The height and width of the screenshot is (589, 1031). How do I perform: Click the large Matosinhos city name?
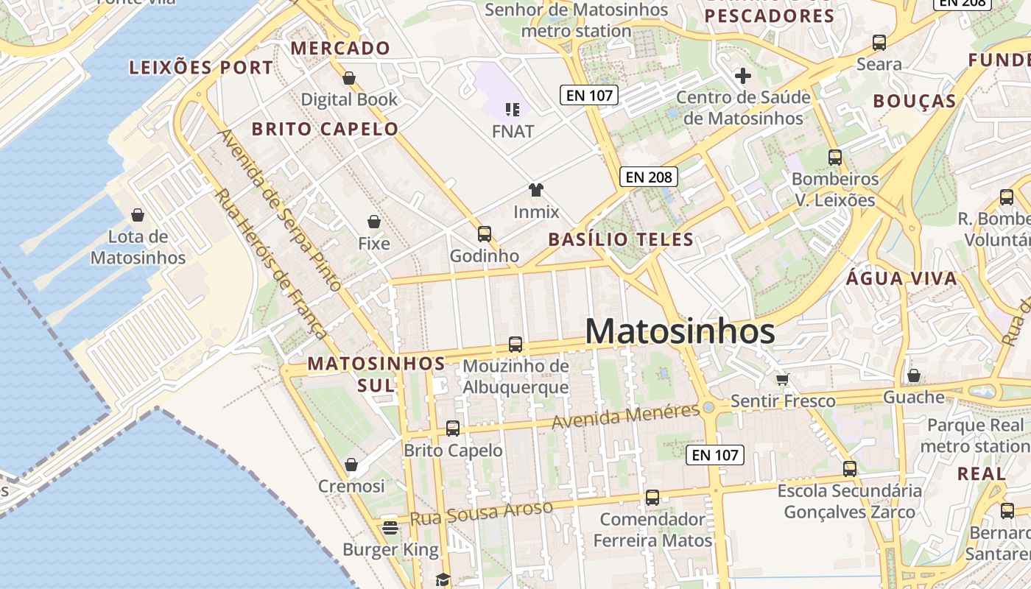[x=680, y=331]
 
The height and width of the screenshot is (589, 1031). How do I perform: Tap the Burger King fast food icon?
[x=390, y=527]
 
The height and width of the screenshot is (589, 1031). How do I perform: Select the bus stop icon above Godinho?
[x=484, y=234]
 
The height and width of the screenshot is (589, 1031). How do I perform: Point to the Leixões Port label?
[x=201, y=68]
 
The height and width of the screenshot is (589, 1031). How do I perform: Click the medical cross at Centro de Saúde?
[x=742, y=75]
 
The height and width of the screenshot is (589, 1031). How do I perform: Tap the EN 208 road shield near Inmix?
[x=648, y=177]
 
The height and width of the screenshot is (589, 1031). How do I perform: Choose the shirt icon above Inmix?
[x=535, y=190]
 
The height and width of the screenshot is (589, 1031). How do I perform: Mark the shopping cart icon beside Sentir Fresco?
[x=782, y=379]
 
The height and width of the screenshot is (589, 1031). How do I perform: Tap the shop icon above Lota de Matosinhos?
[x=137, y=215]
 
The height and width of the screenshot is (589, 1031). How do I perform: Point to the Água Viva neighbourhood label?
[x=901, y=278]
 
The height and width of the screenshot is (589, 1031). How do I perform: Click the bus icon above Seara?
[x=879, y=43]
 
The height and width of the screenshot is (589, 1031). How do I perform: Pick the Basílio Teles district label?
[x=621, y=239]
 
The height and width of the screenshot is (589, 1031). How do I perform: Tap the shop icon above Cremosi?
[x=351, y=465]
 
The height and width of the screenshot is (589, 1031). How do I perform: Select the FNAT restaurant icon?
[x=513, y=110]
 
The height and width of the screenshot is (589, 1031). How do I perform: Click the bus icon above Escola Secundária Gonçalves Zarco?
[x=849, y=468]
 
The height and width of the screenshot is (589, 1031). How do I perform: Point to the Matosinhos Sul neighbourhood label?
[x=376, y=374]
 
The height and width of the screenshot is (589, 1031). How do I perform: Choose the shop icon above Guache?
[x=913, y=375]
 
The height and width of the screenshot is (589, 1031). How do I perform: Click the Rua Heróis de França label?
[x=270, y=265]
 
